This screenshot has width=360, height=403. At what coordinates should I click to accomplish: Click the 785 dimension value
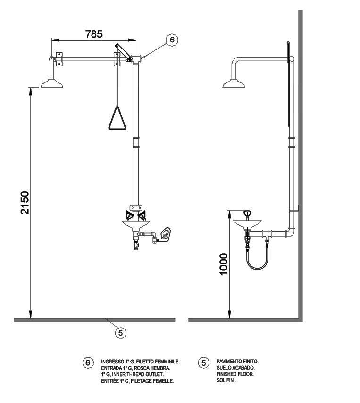click(x=94, y=34)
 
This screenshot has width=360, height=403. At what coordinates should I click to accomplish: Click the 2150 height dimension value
click(x=25, y=203)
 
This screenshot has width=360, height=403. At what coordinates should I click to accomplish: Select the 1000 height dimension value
click(x=224, y=264)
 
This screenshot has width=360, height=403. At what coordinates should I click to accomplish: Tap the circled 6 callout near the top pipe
click(x=172, y=40)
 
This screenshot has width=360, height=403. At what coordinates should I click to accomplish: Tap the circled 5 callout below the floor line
click(x=120, y=333)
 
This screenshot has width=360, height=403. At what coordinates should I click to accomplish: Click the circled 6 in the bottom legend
click(x=88, y=362)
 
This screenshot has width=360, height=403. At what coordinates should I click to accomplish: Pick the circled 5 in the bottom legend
click(x=203, y=362)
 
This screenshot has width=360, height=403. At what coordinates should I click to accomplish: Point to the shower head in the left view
click(x=52, y=83)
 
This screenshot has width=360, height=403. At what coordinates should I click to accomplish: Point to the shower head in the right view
click(x=234, y=83)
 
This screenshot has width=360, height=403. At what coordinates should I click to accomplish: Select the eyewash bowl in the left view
click(x=135, y=224)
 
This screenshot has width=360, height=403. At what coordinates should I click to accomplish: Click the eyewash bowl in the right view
click(x=247, y=223)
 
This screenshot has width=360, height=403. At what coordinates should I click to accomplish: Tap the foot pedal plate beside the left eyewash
click(x=165, y=234)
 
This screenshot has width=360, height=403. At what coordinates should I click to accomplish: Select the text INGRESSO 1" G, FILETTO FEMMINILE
click(x=140, y=362)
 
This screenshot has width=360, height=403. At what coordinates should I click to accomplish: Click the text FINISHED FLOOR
click(x=235, y=374)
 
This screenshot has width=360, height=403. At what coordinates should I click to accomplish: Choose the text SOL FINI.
click(x=226, y=380)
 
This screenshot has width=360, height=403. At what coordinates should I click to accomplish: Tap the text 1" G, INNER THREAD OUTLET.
click(x=133, y=374)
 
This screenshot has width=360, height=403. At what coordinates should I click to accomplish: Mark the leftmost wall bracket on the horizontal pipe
click(x=59, y=59)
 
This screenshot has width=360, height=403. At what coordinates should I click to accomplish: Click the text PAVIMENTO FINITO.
click(x=237, y=362)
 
